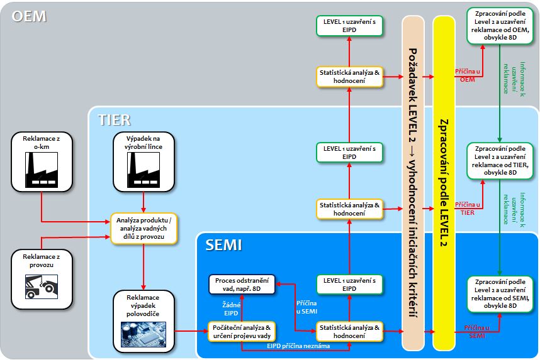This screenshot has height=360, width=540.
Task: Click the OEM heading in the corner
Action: coord(29,16)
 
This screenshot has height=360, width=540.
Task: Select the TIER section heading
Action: coord(114,119)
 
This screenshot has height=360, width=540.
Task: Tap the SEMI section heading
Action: coord(223,245)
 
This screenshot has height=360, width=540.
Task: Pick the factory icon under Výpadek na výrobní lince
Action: coord(145,169)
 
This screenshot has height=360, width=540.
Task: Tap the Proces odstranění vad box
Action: coord(242,284)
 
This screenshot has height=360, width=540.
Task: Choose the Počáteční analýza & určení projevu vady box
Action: coord(242,331)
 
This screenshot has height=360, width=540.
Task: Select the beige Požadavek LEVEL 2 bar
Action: coord(413,182)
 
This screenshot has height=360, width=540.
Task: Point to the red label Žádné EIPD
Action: coord(231,308)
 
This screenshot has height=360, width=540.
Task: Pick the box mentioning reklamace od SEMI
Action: coord(500,293)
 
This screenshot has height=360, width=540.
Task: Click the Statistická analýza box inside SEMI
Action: coord(349,331)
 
